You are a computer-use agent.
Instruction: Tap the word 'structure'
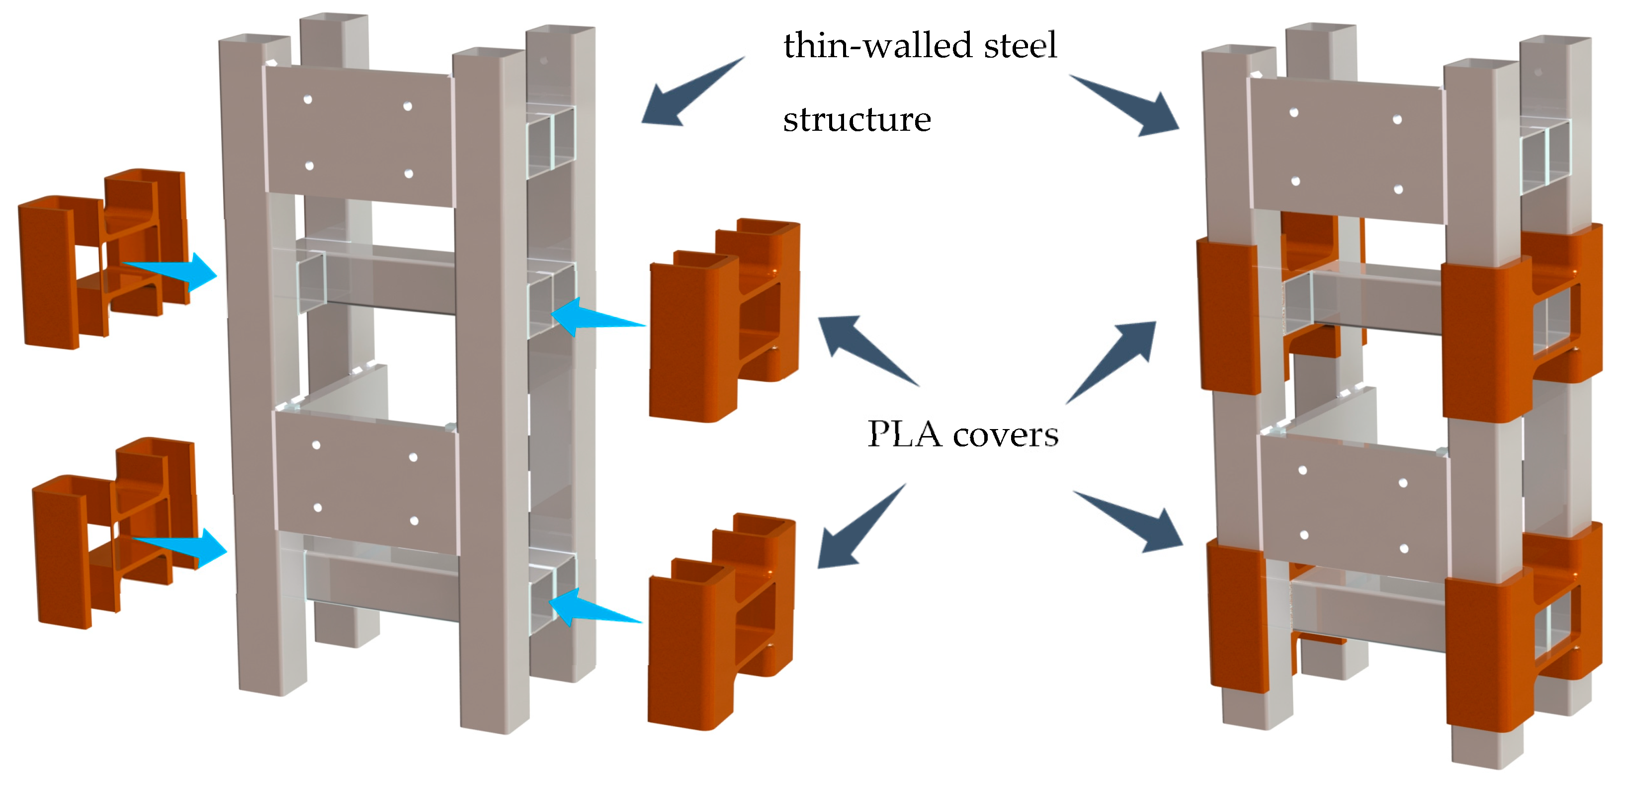856,120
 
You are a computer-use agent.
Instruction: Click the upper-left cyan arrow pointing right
176,271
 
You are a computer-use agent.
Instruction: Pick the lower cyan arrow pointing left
590,607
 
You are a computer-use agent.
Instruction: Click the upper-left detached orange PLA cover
101,259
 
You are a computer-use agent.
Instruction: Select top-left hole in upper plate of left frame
308,100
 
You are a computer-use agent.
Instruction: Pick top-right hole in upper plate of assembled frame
1397,120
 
